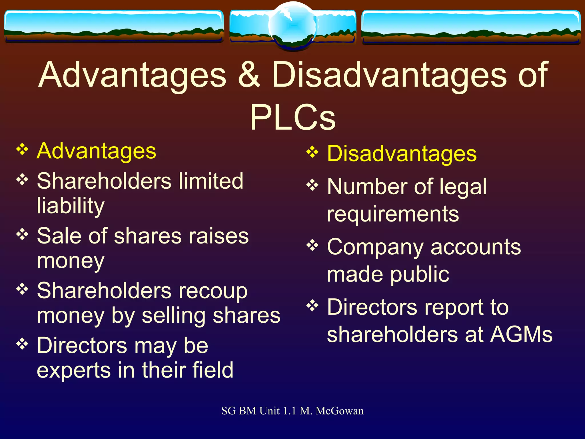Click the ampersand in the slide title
point(249,75)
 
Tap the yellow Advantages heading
point(97,151)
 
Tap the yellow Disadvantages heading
point(402,154)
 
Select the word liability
point(71,206)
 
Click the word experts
point(73,370)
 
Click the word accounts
point(476,247)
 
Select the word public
point(420,274)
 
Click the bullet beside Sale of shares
point(22,234)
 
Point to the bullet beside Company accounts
point(312,245)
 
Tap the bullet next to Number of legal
point(312,185)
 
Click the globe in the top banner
point(292,26)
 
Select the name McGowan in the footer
point(340,411)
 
